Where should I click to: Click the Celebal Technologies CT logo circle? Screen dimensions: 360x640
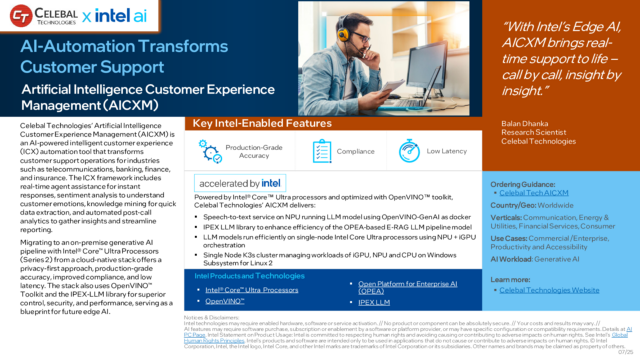coord(21,16)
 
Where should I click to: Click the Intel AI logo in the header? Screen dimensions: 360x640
coord(120,16)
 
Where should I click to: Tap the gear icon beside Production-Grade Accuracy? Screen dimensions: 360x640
coord(210,151)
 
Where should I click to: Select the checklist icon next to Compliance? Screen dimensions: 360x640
coord(321,151)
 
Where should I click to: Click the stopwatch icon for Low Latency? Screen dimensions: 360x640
coord(409,151)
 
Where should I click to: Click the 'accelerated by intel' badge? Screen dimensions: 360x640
coord(240,183)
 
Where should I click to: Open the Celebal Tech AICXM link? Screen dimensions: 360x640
coord(534,193)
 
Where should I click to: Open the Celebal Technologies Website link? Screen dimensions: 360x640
coord(549,290)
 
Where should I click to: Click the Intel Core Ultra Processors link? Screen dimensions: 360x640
coord(252,290)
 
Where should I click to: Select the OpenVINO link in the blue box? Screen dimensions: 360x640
coord(225,301)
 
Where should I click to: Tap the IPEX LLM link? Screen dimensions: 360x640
coord(374,303)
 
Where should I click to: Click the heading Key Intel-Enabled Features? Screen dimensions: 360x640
coord(262,123)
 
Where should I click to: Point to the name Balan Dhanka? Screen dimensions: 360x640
coord(525,124)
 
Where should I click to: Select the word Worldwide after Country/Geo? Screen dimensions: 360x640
coord(555,205)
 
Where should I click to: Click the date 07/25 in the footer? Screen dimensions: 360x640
coord(625,352)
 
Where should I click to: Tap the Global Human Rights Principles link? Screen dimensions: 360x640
coord(619,335)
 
